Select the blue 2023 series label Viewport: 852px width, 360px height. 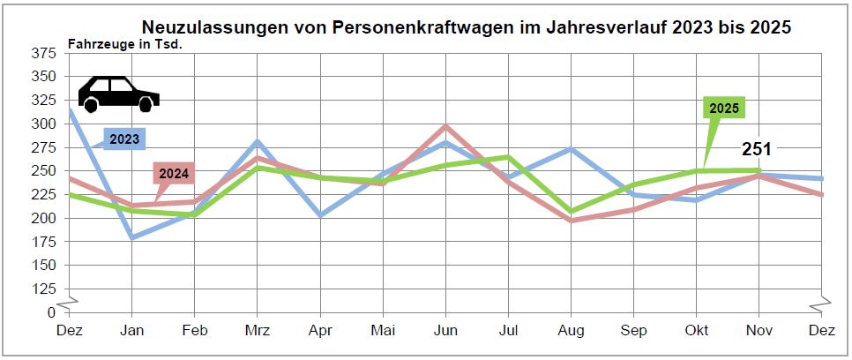(123, 139)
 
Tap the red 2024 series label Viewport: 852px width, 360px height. (173, 173)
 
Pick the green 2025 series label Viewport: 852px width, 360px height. (724, 109)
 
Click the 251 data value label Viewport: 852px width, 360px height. (756, 149)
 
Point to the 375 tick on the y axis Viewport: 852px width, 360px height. (43, 53)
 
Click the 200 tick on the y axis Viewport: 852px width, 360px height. (43, 218)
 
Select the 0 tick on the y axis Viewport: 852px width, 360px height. (51, 312)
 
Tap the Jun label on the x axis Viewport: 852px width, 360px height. (445, 330)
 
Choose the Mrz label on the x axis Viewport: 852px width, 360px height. (257, 330)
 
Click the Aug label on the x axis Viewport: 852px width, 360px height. (572, 330)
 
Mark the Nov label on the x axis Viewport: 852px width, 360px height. (759, 330)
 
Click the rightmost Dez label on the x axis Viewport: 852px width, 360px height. (822, 330)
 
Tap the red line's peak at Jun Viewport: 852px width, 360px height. (445, 126)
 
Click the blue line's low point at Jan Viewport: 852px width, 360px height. (131, 237)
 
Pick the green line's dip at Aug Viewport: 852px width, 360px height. (572, 212)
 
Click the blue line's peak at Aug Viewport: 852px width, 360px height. (572, 149)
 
